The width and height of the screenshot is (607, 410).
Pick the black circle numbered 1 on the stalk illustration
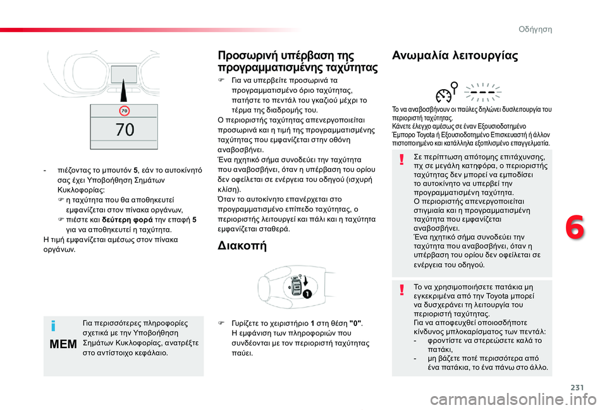[306, 294]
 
